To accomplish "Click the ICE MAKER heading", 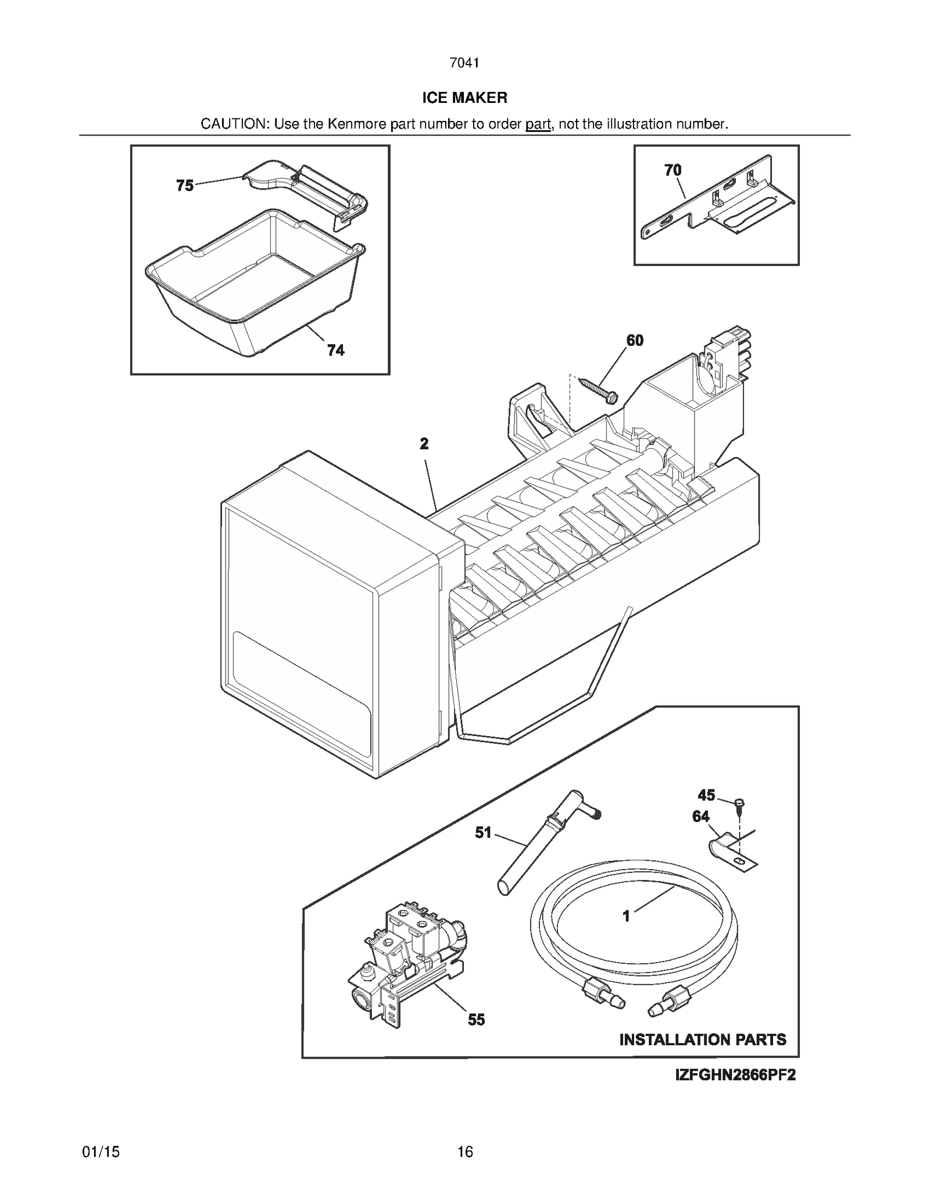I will tap(464, 98).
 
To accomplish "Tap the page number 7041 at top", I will tap(464, 63).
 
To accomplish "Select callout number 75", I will tap(185, 185).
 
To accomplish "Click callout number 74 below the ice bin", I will tap(335, 350).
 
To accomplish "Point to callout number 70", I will tap(673, 170).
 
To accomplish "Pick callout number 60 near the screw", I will tap(635, 340).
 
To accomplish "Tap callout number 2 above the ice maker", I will tap(424, 444).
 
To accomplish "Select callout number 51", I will tap(483, 833).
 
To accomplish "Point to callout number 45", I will tap(706, 795).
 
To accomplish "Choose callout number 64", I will tap(701, 816).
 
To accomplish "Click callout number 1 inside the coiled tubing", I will tap(626, 916).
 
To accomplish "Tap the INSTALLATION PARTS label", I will tap(702, 1039).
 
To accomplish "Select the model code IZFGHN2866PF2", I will tap(735, 1075).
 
